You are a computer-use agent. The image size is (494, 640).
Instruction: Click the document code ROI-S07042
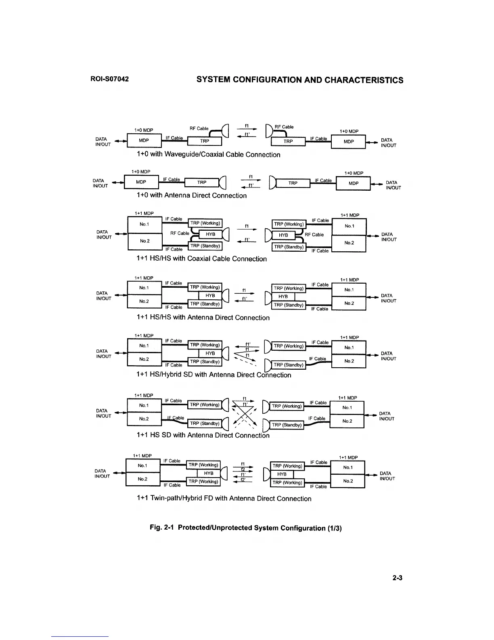pos(109,79)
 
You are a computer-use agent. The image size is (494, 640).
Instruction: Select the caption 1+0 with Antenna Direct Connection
pos(192,196)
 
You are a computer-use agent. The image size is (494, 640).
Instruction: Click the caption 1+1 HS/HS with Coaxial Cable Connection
pos(202,259)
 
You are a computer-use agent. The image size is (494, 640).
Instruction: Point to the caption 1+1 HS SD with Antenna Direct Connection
pos(203,435)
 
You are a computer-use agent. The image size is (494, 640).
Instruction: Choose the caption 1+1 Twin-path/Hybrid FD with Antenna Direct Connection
pos(224,499)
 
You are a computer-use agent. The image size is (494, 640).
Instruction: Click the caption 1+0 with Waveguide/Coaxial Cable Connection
pos(208,155)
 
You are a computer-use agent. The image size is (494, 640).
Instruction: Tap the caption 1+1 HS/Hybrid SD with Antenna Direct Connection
pos(214,375)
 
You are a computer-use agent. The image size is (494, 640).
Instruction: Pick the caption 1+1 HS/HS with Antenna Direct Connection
pos(203,318)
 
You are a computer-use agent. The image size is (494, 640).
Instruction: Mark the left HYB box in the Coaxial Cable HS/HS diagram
pos(210,234)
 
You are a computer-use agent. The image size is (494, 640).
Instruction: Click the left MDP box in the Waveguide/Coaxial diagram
pos(144,141)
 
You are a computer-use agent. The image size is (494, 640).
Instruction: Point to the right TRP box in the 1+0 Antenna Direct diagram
pos(293,183)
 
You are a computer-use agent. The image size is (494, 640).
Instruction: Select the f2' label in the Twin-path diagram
pos(243,479)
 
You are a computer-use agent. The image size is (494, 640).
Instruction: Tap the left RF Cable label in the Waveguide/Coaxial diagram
pos(199,128)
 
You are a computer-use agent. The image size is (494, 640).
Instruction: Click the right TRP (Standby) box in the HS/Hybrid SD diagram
pos(288,365)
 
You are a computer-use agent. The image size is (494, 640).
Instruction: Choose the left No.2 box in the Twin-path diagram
pos(142,479)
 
